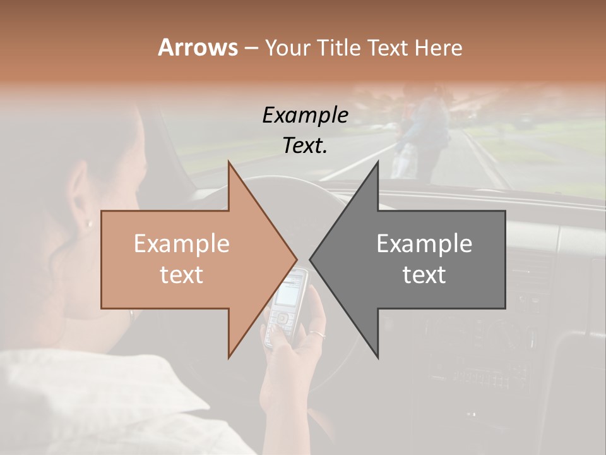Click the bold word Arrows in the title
coord(198,47)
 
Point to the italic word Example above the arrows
coord(305,116)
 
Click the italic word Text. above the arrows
coord(305,145)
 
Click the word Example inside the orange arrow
coord(182,244)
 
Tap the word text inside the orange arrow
coord(182,275)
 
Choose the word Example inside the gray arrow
coord(424,244)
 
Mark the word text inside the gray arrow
coord(424,275)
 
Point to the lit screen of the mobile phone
coord(292,289)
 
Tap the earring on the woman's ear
coord(89,223)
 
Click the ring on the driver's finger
coord(318,334)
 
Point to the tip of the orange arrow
coord(296,259)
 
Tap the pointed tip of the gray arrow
coord(311,259)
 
